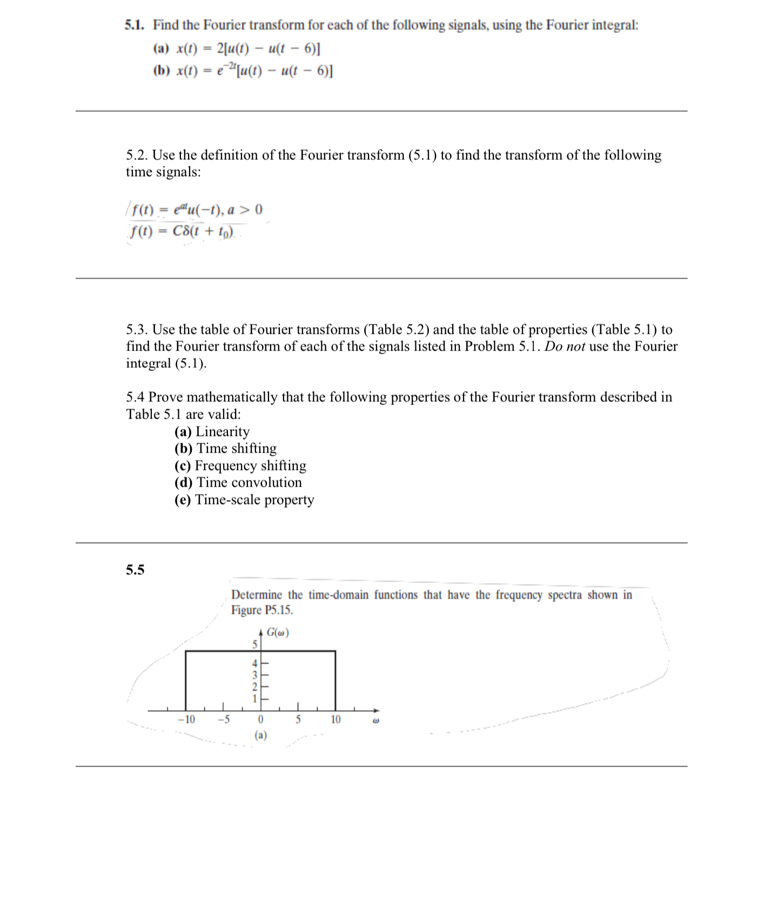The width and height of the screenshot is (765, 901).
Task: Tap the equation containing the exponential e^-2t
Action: coord(243,71)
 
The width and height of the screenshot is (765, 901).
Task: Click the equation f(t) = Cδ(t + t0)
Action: coord(181,232)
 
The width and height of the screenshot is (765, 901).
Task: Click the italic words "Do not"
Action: coord(564,346)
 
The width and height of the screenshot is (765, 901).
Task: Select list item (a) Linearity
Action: coord(212,432)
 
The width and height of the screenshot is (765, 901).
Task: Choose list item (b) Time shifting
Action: coord(225,448)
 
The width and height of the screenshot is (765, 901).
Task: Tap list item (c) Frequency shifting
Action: coord(240,466)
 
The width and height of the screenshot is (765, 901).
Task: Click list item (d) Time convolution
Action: coord(238,482)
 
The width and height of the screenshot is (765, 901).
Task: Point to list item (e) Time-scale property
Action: coord(244,500)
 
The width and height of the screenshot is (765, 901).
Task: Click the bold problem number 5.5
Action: coord(135,570)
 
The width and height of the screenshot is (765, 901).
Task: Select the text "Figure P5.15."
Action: coord(262,610)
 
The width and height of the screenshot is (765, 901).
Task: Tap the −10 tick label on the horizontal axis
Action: coord(186,720)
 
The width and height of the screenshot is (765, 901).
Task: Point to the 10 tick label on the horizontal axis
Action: coord(335,720)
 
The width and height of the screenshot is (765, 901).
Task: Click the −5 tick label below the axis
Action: coord(223,720)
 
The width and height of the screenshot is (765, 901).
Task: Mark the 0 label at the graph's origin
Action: coord(260,720)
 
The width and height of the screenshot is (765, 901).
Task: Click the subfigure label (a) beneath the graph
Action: coord(260,735)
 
